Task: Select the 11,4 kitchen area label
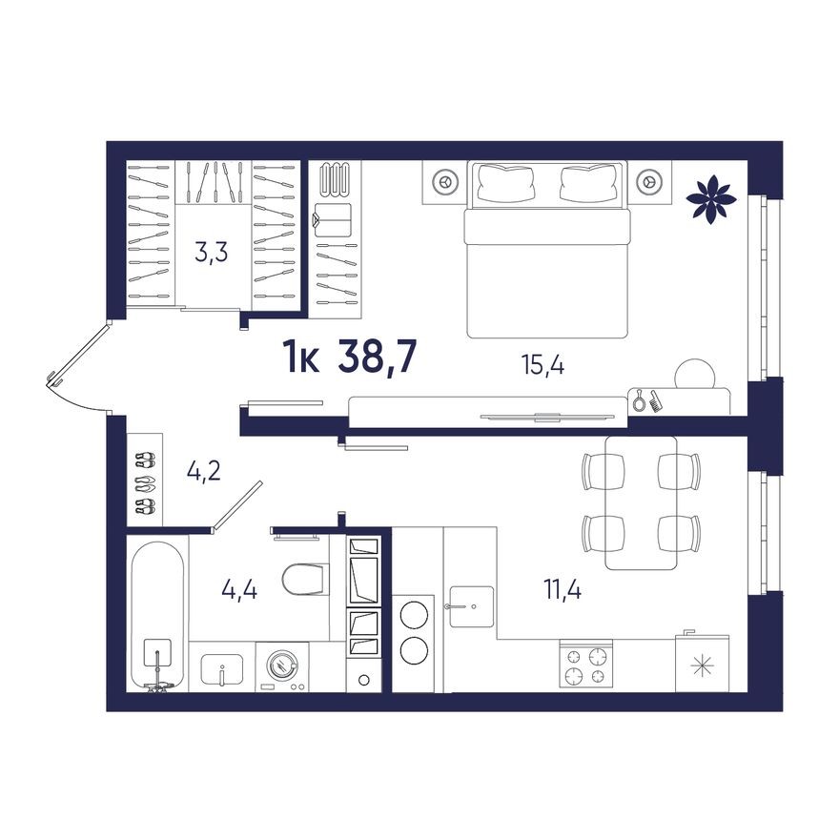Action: [563, 588]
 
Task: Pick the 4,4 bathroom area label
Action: [239, 588]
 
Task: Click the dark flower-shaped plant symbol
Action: [711, 196]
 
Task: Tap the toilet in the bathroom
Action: [304, 579]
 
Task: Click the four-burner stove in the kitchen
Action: [584, 665]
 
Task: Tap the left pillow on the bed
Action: [505, 181]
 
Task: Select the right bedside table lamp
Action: [648, 180]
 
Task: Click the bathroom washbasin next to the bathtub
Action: [221, 666]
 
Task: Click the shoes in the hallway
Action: [145, 483]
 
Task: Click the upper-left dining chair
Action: [603, 470]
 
